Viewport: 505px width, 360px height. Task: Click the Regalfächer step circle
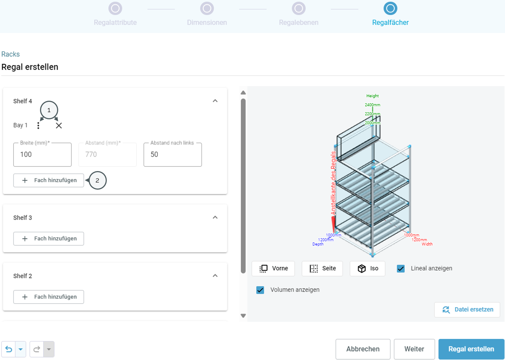coord(390,9)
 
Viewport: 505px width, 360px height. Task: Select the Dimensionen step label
coord(207,22)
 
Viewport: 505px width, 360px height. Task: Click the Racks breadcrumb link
coord(10,54)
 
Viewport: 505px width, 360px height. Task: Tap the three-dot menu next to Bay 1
coord(38,125)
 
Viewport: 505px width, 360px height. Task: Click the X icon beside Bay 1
coord(59,126)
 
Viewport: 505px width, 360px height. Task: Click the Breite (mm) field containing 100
coord(42,155)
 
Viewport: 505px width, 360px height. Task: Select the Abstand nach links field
coord(173,155)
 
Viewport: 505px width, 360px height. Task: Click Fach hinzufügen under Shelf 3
coord(49,239)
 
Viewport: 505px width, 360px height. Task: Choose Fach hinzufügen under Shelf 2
coord(49,297)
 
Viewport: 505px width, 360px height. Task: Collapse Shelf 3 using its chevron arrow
coord(215,217)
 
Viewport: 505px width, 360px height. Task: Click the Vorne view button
coord(273,269)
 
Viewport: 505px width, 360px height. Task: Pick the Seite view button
coord(322,269)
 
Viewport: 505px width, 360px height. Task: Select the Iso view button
coord(367,269)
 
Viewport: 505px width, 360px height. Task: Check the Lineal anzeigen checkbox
coord(401,269)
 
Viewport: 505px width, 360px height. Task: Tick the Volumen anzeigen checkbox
coord(260,290)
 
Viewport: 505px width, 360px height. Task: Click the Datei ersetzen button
coord(467,310)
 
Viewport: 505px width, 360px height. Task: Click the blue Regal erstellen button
coord(471,349)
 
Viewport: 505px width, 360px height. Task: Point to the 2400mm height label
coord(372,105)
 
